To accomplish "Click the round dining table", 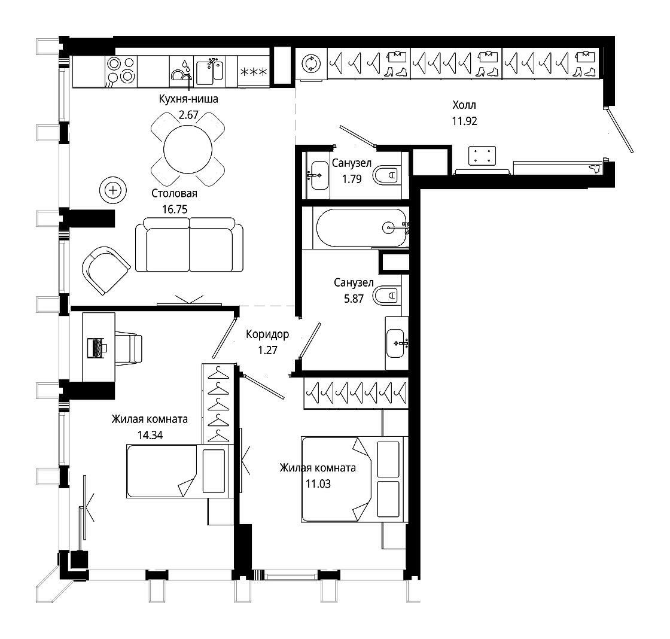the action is pos(188,149).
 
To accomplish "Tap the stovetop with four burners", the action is pos(121,71).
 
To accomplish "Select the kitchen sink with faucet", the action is pos(210,72).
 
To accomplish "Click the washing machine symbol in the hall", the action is pos(311,63).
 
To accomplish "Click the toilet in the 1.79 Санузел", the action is pos(386,175).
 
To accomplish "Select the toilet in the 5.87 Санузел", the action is pos(386,296).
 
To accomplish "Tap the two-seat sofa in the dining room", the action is pos(189,245).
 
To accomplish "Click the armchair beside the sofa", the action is pos(106,270).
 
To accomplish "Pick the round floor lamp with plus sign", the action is pos(113,190).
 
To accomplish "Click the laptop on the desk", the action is pos(96,348).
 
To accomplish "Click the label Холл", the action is pos(464,105).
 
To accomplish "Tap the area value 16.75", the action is pos(175,209).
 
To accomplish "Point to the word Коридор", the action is pos(267,334).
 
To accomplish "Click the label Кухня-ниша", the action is pos(188,99).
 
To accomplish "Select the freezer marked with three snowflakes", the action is pos(254,72).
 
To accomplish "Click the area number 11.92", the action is pos(464,121).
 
